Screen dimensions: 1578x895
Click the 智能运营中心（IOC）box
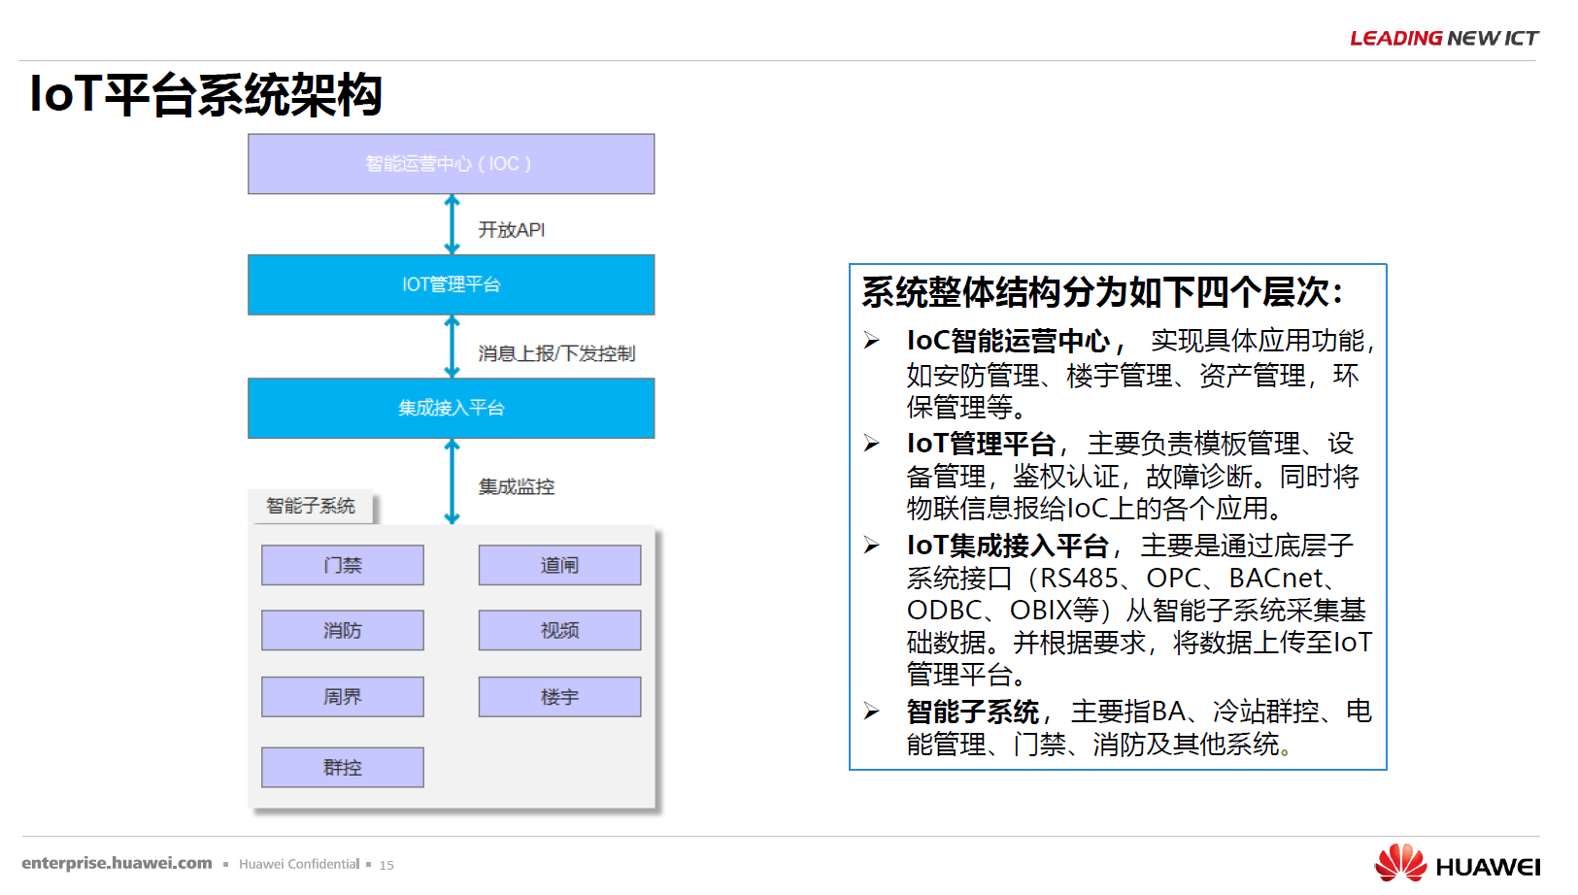tap(451, 163)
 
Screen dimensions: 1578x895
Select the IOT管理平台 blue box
tap(451, 284)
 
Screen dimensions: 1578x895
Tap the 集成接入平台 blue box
tap(451, 408)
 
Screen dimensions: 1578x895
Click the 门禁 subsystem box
tap(343, 565)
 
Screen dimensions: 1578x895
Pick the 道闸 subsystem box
tap(560, 565)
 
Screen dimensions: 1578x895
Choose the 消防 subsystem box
tap(343, 630)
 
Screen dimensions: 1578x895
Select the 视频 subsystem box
tap(560, 630)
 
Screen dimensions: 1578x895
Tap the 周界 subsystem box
tap(343, 696)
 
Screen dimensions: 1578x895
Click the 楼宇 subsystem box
tap(560, 696)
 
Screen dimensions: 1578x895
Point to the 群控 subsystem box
tap(343, 767)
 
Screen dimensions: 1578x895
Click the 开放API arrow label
tap(512, 229)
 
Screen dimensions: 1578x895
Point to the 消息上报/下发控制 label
tap(556, 352)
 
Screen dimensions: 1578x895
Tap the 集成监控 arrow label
tap(517, 486)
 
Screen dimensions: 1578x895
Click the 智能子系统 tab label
tap(310, 506)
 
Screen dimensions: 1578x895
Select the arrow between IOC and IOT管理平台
tap(453, 224)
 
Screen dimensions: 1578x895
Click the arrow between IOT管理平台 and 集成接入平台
tap(453, 347)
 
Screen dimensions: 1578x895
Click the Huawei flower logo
tap(1400, 862)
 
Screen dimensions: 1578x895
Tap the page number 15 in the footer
tap(386, 865)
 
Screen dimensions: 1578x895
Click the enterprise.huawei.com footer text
tap(117, 863)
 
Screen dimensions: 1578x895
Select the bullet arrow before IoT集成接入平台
tap(872, 545)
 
